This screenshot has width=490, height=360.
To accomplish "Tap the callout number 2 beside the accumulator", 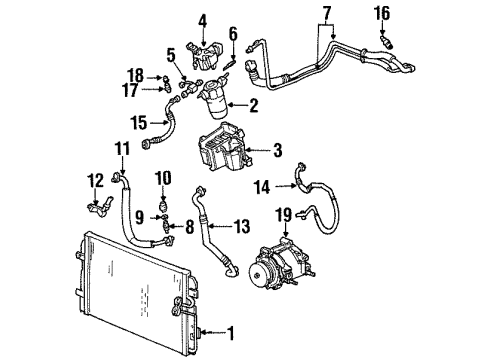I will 253,103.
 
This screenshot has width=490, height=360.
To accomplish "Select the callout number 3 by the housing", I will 277,151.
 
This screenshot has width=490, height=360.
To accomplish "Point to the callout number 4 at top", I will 202,19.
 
